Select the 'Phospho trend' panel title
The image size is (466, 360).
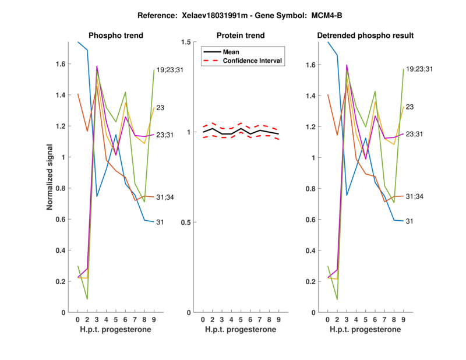click(x=115, y=36)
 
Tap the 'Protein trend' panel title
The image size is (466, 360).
click(x=240, y=36)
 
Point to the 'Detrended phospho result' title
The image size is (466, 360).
click(x=365, y=36)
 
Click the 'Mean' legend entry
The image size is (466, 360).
click(x=231, y=52)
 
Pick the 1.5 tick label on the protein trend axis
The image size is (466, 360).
click(x=186, y=42)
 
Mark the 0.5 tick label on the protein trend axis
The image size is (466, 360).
click(x=186, y=223)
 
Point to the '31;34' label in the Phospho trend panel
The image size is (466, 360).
click(x=167, y=197)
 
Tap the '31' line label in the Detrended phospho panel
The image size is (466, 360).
click(x=409, y=221)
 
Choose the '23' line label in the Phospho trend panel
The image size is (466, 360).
click(x=161, y=108)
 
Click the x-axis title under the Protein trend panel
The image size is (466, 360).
click(x=240, y=330)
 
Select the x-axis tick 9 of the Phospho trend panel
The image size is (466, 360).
click(x=153, y=320)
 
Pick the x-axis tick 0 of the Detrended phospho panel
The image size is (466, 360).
click(x=328, y=320)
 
